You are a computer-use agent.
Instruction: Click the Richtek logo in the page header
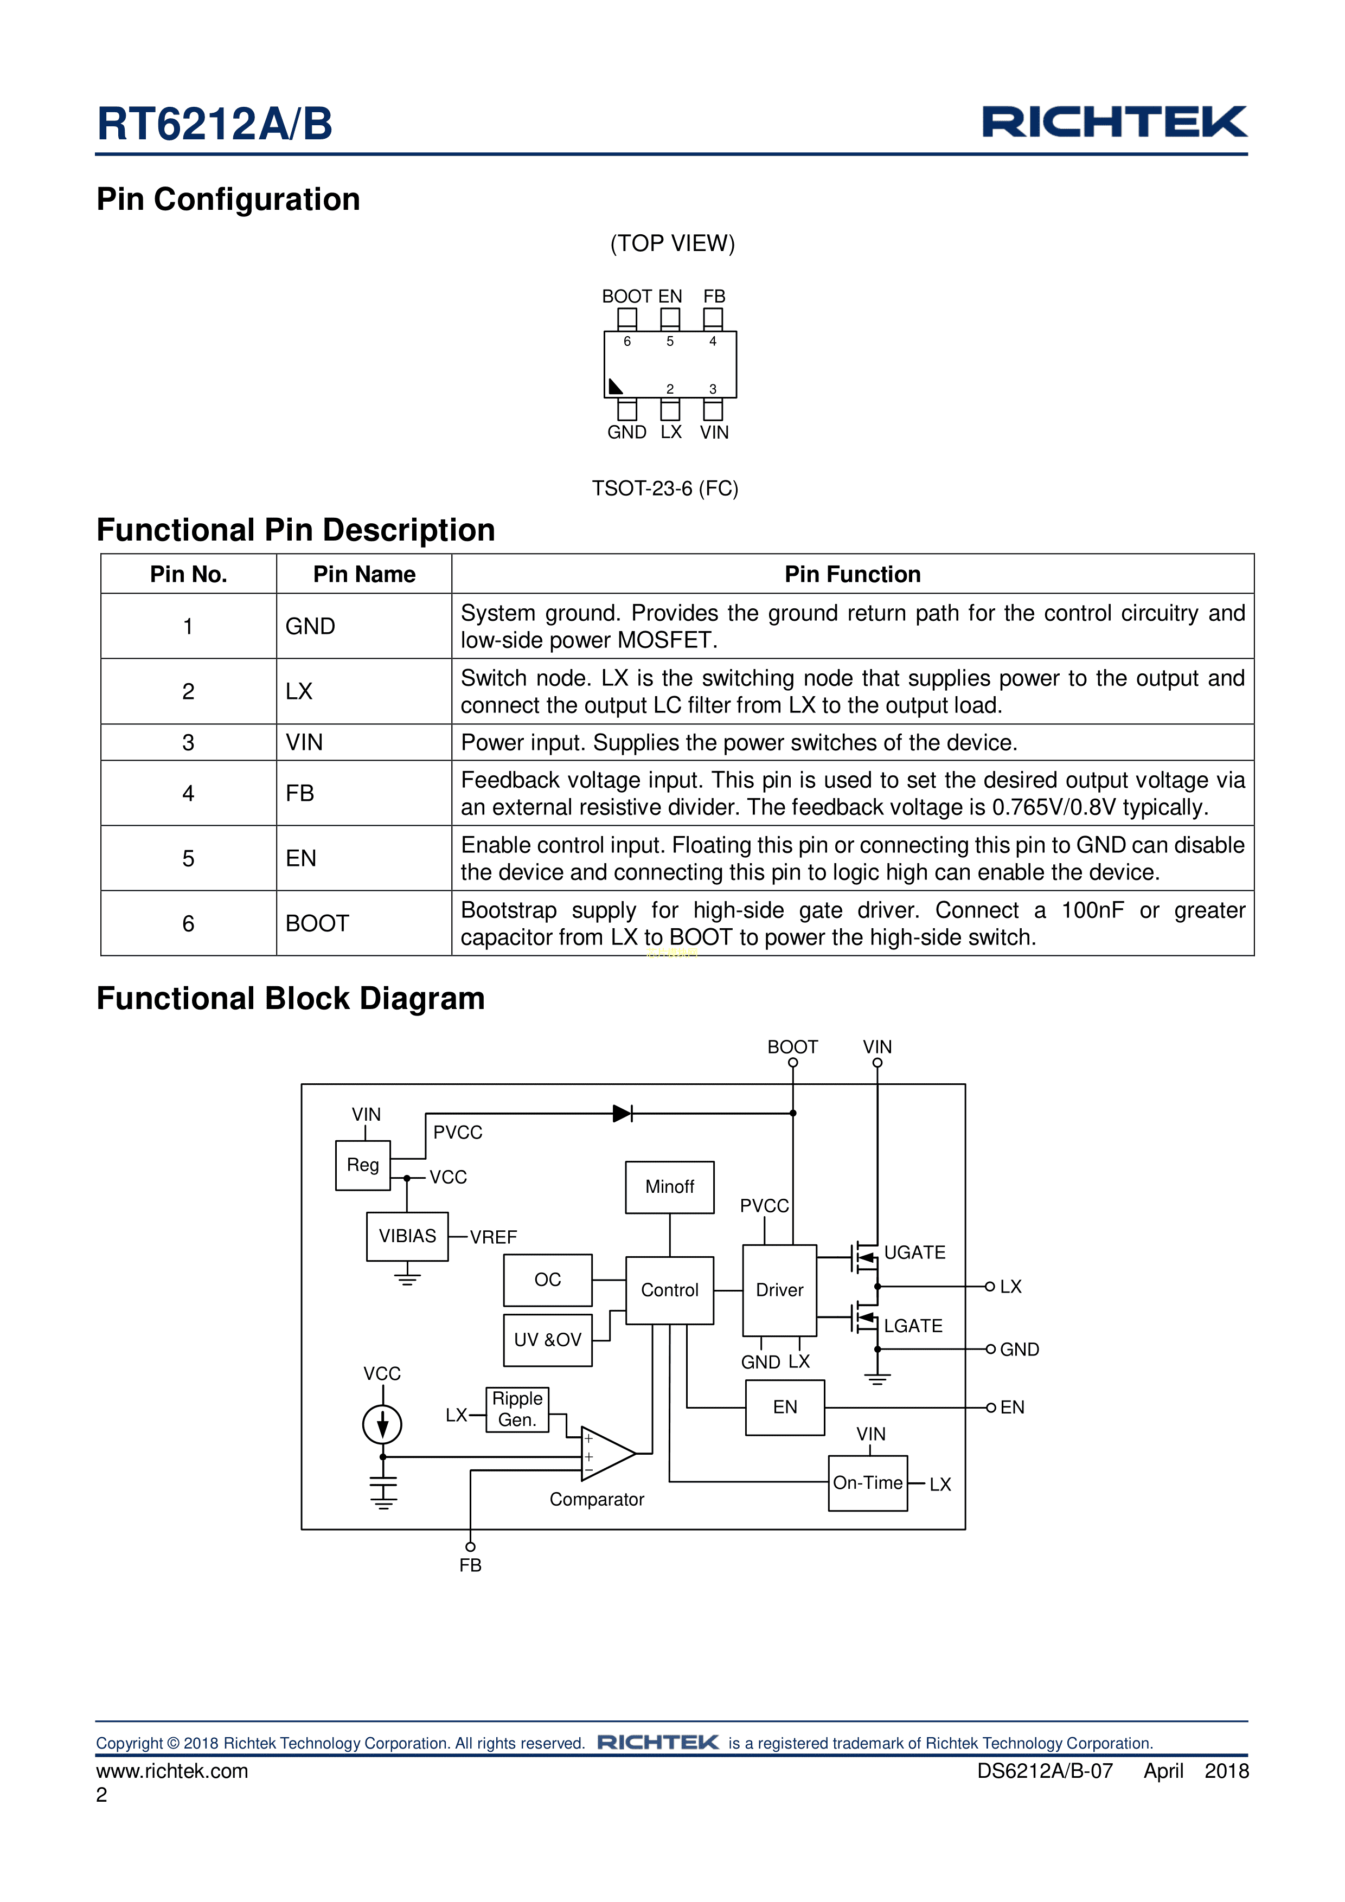1114,122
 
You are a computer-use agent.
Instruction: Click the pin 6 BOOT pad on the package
627,318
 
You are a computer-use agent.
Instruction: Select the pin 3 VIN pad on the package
713,409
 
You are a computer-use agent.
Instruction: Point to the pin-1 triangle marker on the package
615,387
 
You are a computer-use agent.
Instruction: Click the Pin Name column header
364,574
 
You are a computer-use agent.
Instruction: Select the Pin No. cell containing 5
188,858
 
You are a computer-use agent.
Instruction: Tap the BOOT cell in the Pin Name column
317,924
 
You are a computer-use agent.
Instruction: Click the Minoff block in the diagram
670,1187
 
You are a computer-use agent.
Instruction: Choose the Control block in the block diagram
670,1290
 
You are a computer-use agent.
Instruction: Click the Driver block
779,1290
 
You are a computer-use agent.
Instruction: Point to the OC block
548,1280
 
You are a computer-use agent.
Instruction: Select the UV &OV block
548,1340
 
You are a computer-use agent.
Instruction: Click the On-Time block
868,1483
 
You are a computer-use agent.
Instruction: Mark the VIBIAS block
407,1236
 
